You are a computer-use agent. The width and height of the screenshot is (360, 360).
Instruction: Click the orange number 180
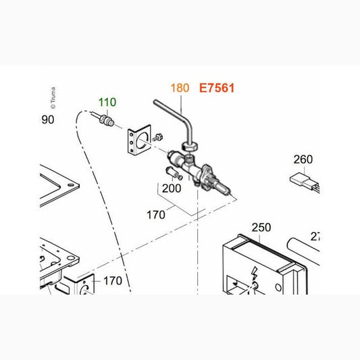pos(180,88)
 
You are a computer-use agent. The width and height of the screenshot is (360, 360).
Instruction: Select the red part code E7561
pos(217,88)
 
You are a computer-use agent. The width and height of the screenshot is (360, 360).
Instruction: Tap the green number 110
pos(107,102)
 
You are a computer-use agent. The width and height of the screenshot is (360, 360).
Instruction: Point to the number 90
pos(48,120)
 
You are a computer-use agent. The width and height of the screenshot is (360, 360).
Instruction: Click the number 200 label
pos(172,188)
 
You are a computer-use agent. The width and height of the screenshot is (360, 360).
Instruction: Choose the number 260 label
pos(303,159)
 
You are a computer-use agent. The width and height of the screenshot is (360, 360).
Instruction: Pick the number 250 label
pos(261,228)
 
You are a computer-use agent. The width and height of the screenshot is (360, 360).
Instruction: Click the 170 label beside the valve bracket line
pos(156,215)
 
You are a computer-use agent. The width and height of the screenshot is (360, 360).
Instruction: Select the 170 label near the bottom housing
pos(113,281)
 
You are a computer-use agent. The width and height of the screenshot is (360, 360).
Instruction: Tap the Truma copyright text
pos(53,97)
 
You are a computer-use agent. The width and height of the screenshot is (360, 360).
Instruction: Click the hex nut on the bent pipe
pos(190,146)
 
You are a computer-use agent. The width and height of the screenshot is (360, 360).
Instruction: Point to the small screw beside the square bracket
pos(158,137)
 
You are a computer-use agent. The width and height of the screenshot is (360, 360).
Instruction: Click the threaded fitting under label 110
pos(107,120)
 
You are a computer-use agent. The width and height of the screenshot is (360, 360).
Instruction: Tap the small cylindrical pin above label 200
pos(174,174)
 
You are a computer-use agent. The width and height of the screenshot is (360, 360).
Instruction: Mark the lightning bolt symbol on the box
pos(254,273)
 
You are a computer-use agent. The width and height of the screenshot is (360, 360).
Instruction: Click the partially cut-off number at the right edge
pos(315,236)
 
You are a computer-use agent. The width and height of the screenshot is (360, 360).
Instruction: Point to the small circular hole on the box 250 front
pos(278,287)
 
